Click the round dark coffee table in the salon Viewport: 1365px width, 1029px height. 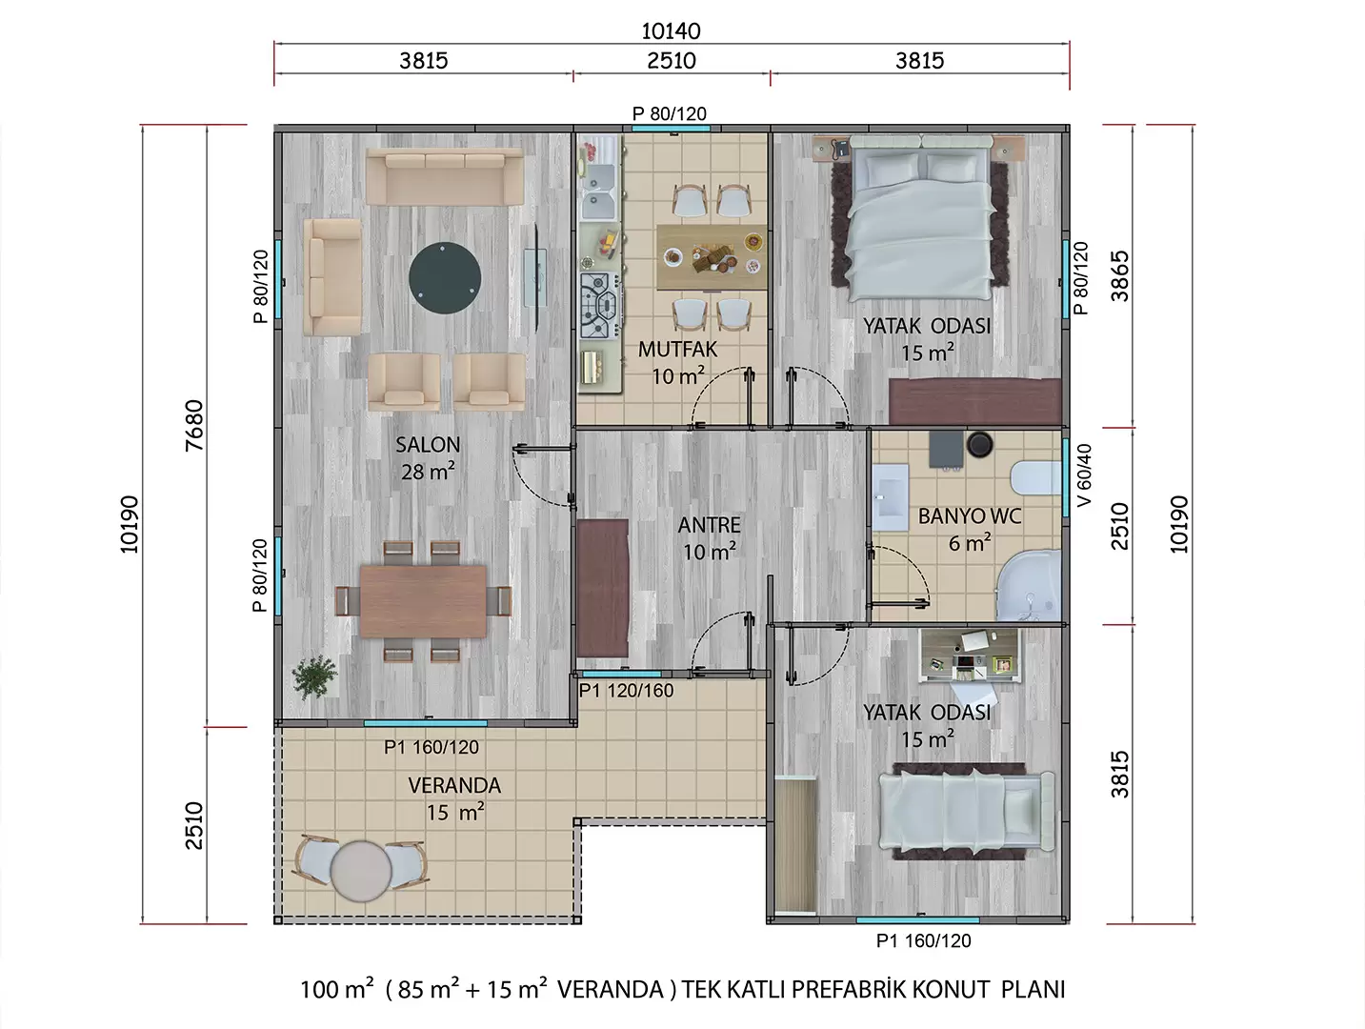[x=444, y=277]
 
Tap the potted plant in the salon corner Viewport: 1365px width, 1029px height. [x=315, y=676]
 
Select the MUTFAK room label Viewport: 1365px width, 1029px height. [x=677, y=350]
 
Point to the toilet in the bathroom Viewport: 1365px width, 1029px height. [x=1035, y=477]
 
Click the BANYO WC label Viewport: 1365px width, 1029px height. [x=970, y=516]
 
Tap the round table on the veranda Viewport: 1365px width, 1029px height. [x=361, y=871]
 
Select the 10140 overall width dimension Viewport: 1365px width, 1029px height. [x=671, y=31]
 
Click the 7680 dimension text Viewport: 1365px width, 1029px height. [x=194, y=425]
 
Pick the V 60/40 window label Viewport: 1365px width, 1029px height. [x=1084, y=475]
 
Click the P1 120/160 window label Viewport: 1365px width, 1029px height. [x=626, y=690]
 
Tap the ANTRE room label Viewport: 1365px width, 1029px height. [x=709, y=525]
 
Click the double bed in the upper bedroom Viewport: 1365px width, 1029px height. [x=920, y=217]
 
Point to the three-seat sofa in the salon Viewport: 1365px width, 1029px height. [x=445, y=176]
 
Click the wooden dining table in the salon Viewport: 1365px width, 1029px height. [x=423, y=601]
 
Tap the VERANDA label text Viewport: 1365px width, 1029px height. [x=454, y=785]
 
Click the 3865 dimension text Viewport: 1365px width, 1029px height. [x=1120, y=276]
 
